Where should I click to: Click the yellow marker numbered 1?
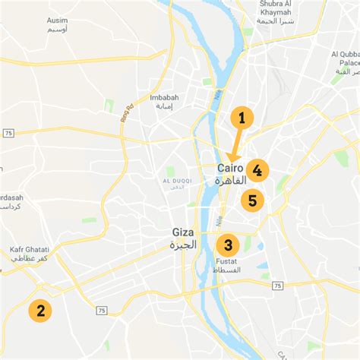242,118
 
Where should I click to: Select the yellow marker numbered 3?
227,245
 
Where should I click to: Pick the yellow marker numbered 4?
257,171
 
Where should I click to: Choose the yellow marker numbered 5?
252,201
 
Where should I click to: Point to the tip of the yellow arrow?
231,161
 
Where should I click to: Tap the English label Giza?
183,232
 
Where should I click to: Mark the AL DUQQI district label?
175,180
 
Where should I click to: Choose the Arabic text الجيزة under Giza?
183,245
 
